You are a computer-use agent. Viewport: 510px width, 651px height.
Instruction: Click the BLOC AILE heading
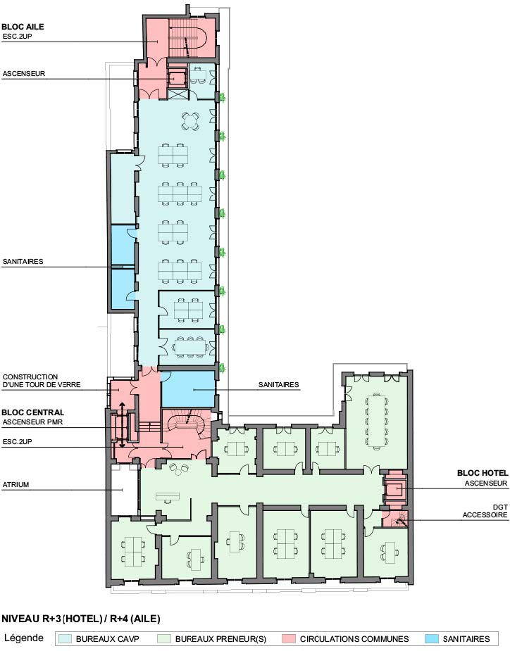point(23,27)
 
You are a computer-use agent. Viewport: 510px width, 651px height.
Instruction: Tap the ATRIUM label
point(15,484)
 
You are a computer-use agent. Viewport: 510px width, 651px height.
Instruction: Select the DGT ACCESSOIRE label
point(485,511)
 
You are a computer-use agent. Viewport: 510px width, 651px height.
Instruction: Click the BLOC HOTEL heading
point(483,473)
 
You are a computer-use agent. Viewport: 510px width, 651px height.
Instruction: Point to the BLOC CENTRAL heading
point(33,412)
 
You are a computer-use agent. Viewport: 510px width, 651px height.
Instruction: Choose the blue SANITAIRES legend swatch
point(432,638)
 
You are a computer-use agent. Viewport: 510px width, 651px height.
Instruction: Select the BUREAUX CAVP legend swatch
point(65,638)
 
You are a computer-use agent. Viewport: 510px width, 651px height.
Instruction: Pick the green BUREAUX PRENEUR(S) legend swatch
point(164,638)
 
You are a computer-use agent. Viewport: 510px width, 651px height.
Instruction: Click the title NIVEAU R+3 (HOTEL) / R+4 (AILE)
point(80,619)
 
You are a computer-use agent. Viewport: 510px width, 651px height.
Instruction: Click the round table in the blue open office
point(190,121)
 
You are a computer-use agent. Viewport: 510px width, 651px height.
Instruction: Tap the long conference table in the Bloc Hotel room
point(377,419)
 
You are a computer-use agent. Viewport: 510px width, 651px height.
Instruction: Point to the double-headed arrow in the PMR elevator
point(122,424)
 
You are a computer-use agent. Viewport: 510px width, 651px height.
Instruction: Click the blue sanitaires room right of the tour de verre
point(188,389)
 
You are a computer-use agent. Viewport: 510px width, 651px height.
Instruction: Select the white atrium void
point(124,490)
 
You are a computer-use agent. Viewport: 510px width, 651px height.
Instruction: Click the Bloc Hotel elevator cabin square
point(395,490)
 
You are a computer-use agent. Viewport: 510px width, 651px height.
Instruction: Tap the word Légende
point(24,638)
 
